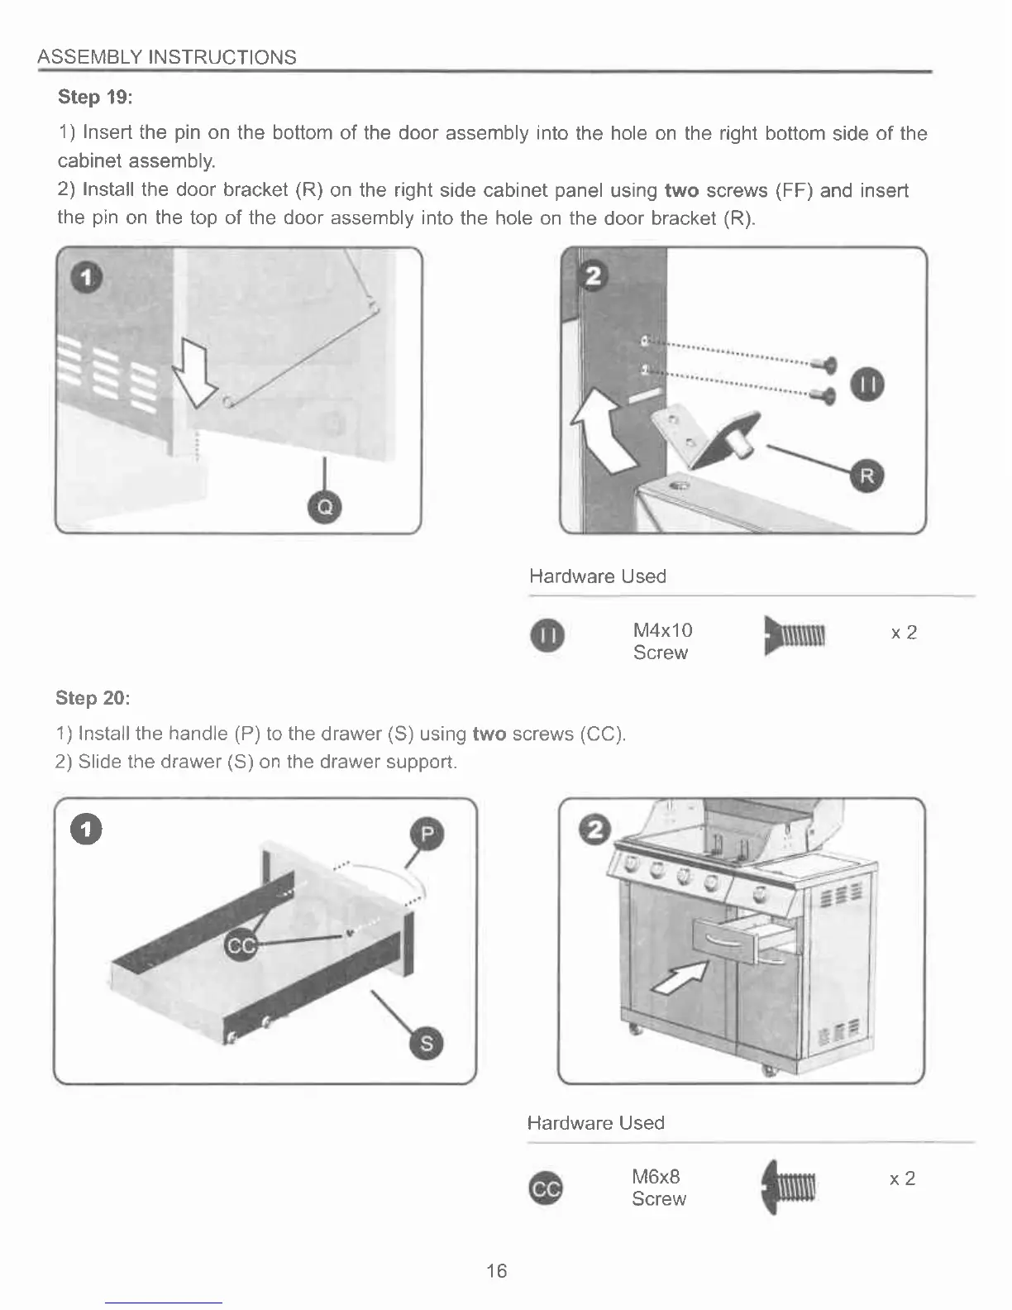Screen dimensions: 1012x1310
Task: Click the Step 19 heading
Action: pyautogui.click(x=95, y=97)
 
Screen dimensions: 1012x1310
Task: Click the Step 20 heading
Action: pyautogui.click(x=93, y=698)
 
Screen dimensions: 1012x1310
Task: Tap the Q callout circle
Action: pyautogui.click(x=325, y=507)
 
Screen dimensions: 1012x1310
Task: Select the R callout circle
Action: pyautogui.click(x=867, y=476)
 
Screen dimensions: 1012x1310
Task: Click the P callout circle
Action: pyautogui.click(x=427, y=834)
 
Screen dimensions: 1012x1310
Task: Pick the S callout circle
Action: pyautogui.click(x=427, y=1044)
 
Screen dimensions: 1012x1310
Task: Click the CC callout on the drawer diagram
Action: pyautogui.click(x=241, y=946)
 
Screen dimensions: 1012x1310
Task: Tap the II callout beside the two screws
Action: pyautogui.click(x=868, y=385)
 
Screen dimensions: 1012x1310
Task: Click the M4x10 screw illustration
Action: pyautogui.click(x=795, y=635)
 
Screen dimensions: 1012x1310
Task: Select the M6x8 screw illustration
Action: pyautogui.click(x=790, y=1187)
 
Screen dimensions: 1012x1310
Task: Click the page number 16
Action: pyautogui.click(x=497, y=1271)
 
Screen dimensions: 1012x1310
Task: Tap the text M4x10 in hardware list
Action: pyautogui.click(x=662, y=630)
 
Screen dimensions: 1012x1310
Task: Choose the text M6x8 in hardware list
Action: pyautogui.click(x=656, y=1176)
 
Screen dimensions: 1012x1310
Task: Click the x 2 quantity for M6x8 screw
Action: pyautogui.click(x=903, y=1179)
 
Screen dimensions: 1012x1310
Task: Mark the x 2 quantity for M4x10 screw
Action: pyautogui.click(x=905, y=633)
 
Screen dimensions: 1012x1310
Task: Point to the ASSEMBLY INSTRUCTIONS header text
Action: pyautogui.click(x=167, y=57)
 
